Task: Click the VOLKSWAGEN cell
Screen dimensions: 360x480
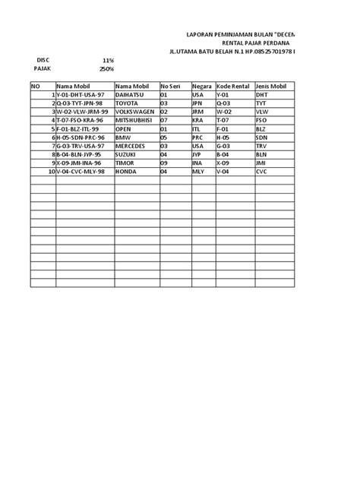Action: pos(135,111)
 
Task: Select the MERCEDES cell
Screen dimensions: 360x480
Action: pos(132,145)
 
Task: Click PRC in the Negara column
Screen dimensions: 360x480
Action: pos(199,137)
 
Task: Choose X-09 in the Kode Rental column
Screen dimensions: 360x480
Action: pos(224,163)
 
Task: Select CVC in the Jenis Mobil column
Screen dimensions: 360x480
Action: pos(263,171)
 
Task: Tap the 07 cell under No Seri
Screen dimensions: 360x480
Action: pos(164,120)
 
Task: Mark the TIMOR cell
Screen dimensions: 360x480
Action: pos(126,163)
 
